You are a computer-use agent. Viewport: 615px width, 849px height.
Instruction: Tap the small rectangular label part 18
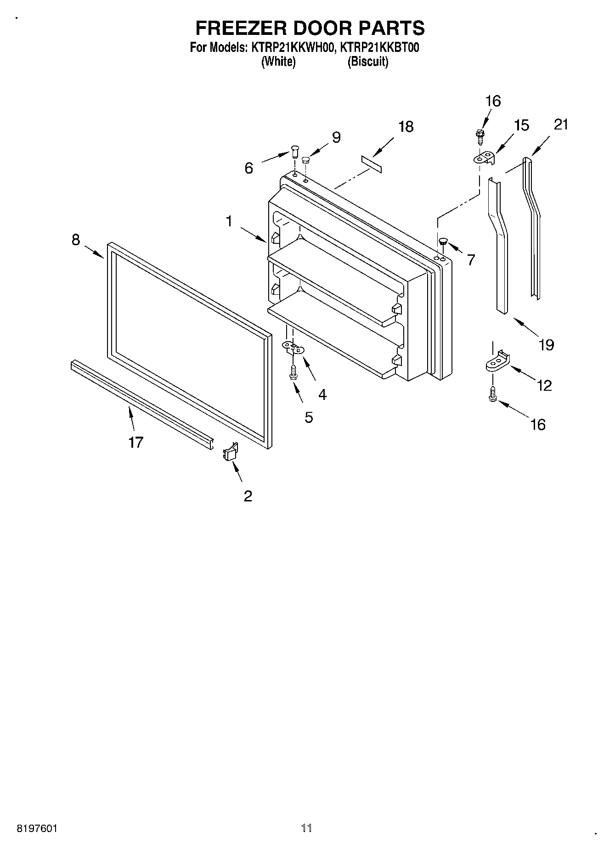coord(371,164)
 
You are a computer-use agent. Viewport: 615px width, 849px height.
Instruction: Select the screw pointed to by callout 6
coord(294,151)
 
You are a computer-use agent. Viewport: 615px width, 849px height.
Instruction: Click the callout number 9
coord(336,137)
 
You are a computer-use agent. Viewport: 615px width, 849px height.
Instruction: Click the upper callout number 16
coord(493,101)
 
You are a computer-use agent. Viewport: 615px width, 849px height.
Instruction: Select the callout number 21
coord(561,124)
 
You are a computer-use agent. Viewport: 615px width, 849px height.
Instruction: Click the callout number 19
coord(546,344)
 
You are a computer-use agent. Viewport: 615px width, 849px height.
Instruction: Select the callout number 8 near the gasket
coord(76,239)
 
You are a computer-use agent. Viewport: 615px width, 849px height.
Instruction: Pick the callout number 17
coord(136,442)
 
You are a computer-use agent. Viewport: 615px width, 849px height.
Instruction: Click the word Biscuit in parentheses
coord(367,62)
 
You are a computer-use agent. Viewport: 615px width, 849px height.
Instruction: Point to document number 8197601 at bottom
coord(37,829)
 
